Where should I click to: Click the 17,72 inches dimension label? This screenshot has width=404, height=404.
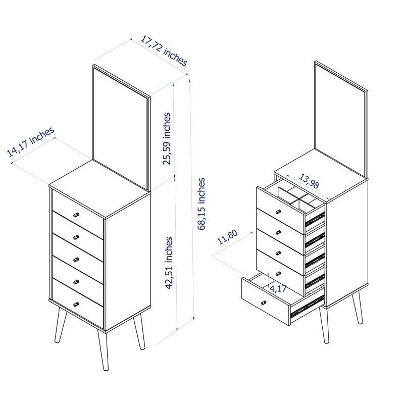click(164, 50)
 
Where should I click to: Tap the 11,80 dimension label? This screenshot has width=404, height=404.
click(227, 237)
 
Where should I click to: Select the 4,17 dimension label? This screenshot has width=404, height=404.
click(278, 289)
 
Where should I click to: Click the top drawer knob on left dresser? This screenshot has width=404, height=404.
click(77, 215)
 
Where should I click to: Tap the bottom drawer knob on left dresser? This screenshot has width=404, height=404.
click(77, 304)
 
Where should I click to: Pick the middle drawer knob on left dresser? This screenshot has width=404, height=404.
click(77, 260)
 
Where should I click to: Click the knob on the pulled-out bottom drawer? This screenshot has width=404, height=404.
click(263, 302)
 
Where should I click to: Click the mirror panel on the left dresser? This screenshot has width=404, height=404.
click(121, 129)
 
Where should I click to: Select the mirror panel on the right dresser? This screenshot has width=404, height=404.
click(340, 121)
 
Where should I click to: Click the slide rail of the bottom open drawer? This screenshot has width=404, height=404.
click(308, 305)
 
